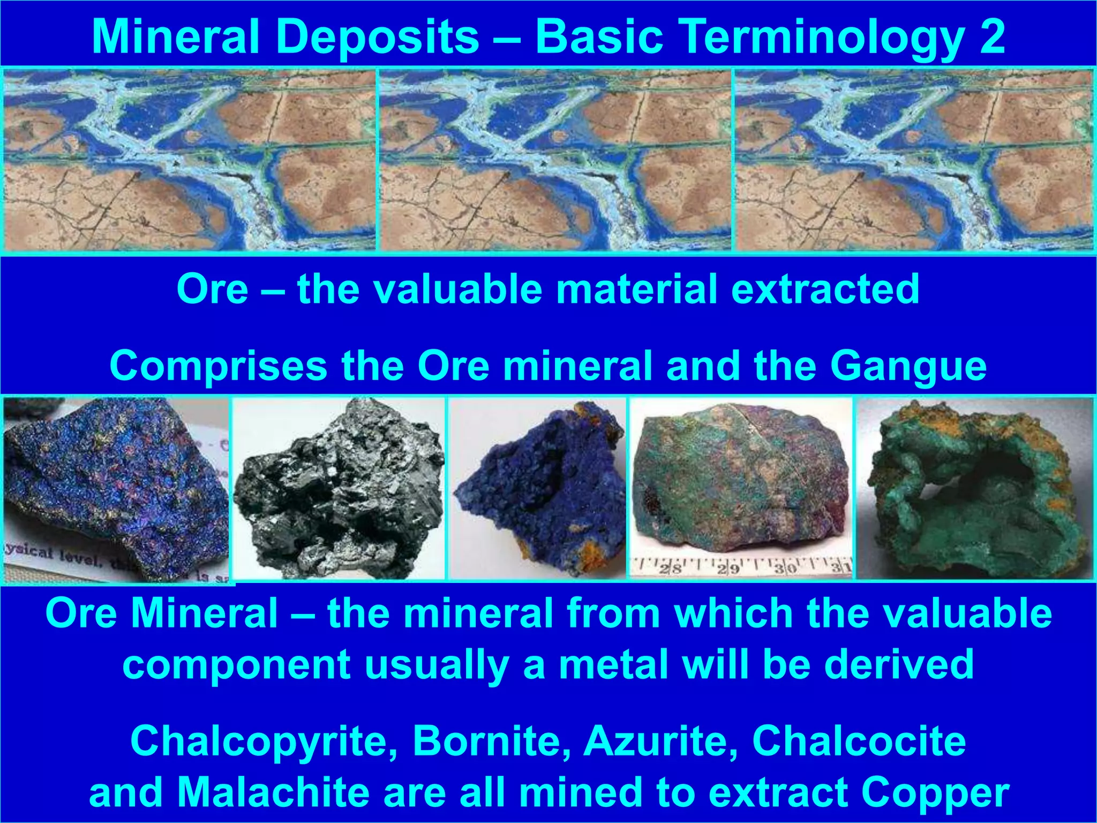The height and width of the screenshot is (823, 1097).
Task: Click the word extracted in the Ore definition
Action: [x=825, y=289]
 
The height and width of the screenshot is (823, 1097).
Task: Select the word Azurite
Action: [x=660, y=742]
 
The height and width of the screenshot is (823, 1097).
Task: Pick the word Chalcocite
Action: [x=859, y=742]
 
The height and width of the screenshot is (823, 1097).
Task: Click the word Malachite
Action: [x=274, y=792]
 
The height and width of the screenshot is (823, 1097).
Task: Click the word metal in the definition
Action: [x=614, y=664]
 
